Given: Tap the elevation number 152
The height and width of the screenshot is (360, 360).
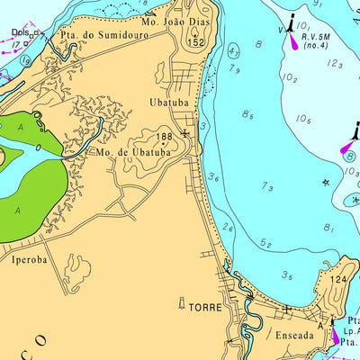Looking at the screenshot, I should click(x=196, y=42).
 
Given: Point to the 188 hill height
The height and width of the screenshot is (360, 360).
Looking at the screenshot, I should click(x=164, y=138).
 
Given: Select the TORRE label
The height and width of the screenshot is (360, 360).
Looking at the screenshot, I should click(x=204, y=307).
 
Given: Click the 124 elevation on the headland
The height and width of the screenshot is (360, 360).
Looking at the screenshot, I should click(x=337, y=281).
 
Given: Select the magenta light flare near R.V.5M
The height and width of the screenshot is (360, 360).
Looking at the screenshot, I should click(x=293, y=40).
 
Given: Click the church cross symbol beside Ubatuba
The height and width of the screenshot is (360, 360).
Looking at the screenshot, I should click(x=184, y=134).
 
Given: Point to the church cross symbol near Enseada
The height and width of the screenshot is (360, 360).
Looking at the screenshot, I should click(x=286, y=310).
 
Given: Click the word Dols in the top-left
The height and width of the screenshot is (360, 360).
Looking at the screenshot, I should click(x=20, y=32).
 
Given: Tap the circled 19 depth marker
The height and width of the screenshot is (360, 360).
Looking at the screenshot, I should click(x=26, y=60).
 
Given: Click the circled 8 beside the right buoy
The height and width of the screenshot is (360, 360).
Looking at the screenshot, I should click(x=348, y=155).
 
